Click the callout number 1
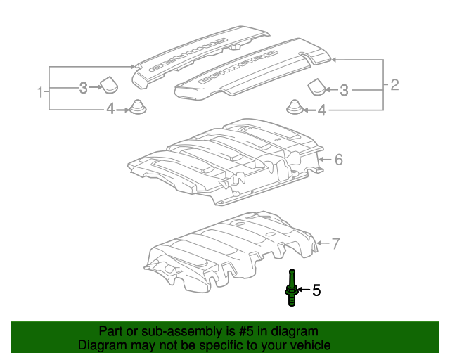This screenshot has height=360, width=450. coord(41,91)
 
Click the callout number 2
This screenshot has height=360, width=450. coord(394,86)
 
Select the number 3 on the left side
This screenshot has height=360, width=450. coord(83,88)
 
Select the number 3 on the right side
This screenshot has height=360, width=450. coord(344,89)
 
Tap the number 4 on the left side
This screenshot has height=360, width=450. coord(110,109)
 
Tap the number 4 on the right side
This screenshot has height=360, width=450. coord(322,110)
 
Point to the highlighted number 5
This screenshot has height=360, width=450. coord(316,290)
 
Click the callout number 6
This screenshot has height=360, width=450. coord(338,160)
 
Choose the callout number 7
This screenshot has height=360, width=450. coord(335,245)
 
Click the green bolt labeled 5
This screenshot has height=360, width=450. coord(290,288)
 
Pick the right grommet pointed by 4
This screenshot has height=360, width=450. coord(295,108)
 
